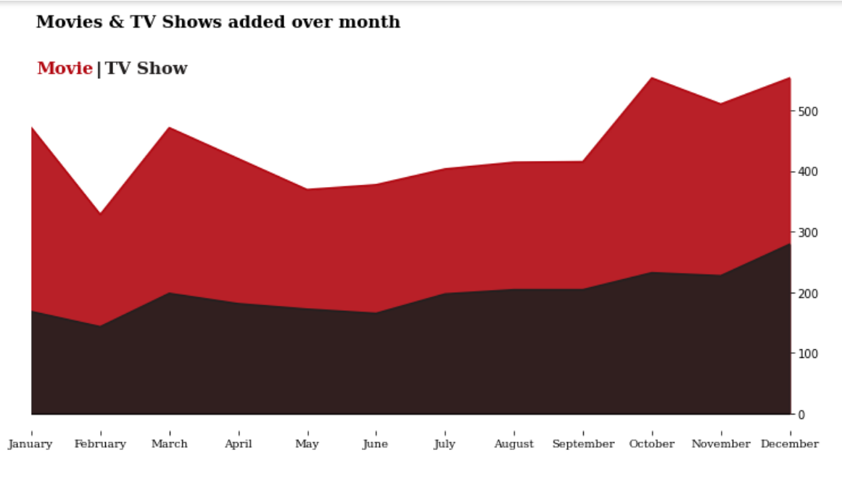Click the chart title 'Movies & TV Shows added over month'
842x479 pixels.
(218, 22)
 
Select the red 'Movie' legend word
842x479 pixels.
(65, 68)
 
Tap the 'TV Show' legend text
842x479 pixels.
(146, 68)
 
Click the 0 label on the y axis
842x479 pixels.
(801, 415)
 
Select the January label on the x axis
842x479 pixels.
(30, 443)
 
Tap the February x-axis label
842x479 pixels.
(100, 443)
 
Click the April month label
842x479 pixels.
(238, 443)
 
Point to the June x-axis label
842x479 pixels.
(375, 443)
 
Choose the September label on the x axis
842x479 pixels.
(583, 443)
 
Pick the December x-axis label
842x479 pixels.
(789, 443)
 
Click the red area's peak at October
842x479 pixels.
(652, 78)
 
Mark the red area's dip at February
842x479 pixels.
(100, 214)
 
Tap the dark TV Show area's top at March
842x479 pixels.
(169, 293)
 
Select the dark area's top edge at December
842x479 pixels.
(788, 244)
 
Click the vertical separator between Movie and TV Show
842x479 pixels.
(99, 69)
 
